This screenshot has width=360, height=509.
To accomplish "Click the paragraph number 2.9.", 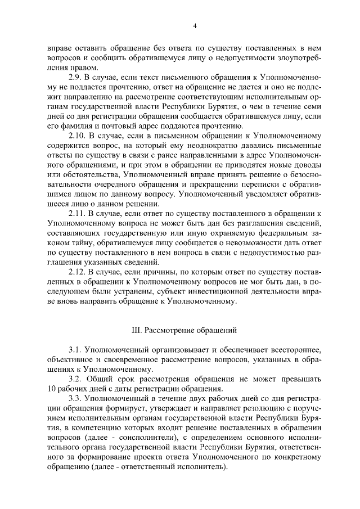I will tap(75, 76).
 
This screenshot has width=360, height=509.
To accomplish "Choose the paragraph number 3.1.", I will tap(75, 350).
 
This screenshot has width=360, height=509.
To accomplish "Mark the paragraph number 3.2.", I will tap(75, 379).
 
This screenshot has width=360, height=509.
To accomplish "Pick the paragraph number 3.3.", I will tap(75, 398).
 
